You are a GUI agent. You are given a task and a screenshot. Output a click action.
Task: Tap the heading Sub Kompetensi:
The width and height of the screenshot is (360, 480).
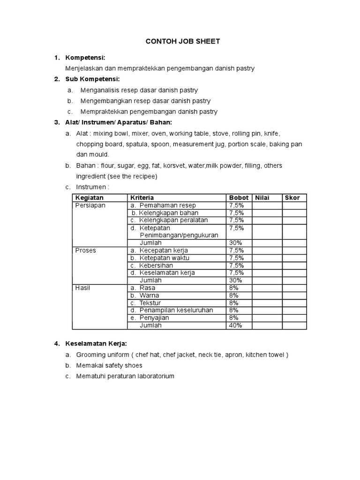pyautogui.click(x=92, y=79)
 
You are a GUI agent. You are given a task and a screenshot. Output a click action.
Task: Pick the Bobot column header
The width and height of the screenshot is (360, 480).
pyautogui.click(x=238, y=198)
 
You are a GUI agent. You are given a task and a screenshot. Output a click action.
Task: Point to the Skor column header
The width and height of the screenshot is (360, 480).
pyautogui.click(x=292, y=198)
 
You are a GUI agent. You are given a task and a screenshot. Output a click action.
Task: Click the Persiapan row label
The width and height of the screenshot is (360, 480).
pyautogui.click(x=90, y=205)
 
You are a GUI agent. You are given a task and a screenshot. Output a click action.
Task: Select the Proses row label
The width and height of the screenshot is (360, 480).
pyautogui.click(x=85, y=250)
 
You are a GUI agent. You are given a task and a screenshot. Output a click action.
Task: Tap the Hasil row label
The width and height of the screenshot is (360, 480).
pyautogui.click(x=82, y=288)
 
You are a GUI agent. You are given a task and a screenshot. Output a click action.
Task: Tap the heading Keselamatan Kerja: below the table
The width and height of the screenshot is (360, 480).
pyautogui.click(x=96, y=344)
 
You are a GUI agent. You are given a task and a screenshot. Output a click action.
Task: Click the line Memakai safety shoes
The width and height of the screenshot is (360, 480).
pyautogui.click(x=109, y=365)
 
